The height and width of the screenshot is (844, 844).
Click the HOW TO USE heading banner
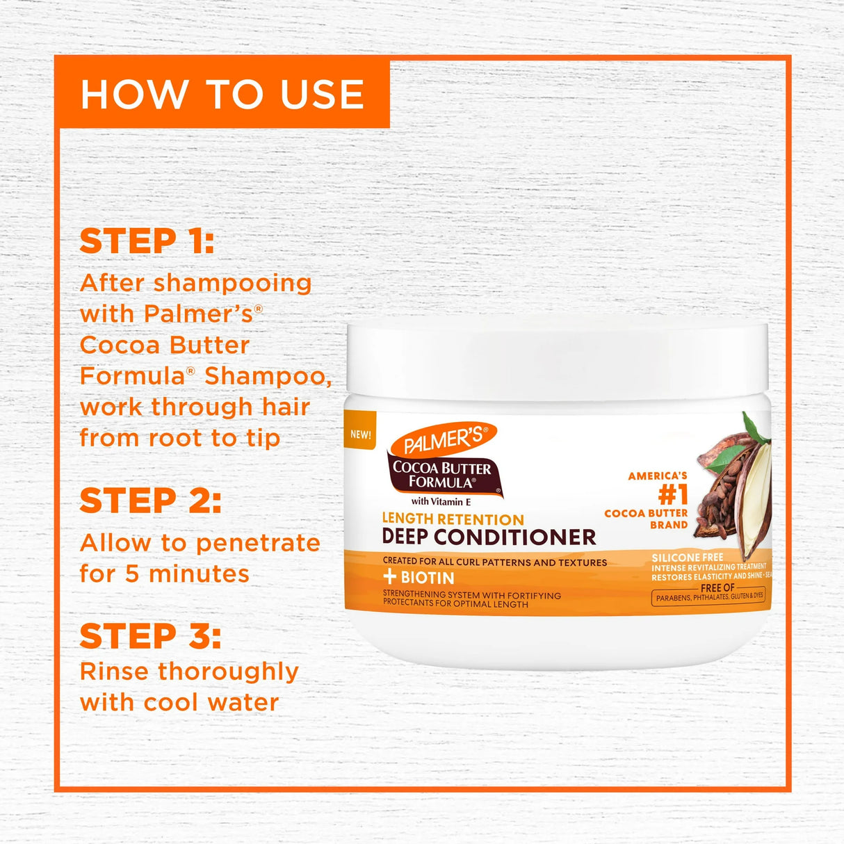point(222,93)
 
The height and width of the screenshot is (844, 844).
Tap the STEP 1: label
point(147,241)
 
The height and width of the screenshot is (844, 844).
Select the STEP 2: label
point(150,501)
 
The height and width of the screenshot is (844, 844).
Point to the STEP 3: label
point(150,636)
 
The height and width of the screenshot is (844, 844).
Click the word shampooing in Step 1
point(232,283)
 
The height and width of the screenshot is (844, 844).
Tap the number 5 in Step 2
point(132,574)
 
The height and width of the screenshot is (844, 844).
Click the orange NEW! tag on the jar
point(360,435)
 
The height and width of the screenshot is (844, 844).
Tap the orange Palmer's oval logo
point(444,440)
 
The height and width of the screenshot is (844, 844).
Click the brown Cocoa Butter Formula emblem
point(442,475)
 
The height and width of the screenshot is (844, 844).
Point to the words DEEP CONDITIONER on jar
point(489,537)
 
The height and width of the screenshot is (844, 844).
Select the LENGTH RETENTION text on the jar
point(453,519)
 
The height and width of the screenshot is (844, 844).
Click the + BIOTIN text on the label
point(419,578)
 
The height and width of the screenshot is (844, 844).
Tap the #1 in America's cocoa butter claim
point(672,495)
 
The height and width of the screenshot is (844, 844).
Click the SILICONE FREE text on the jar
point(687,558)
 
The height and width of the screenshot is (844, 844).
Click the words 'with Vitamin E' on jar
point(441,501)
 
